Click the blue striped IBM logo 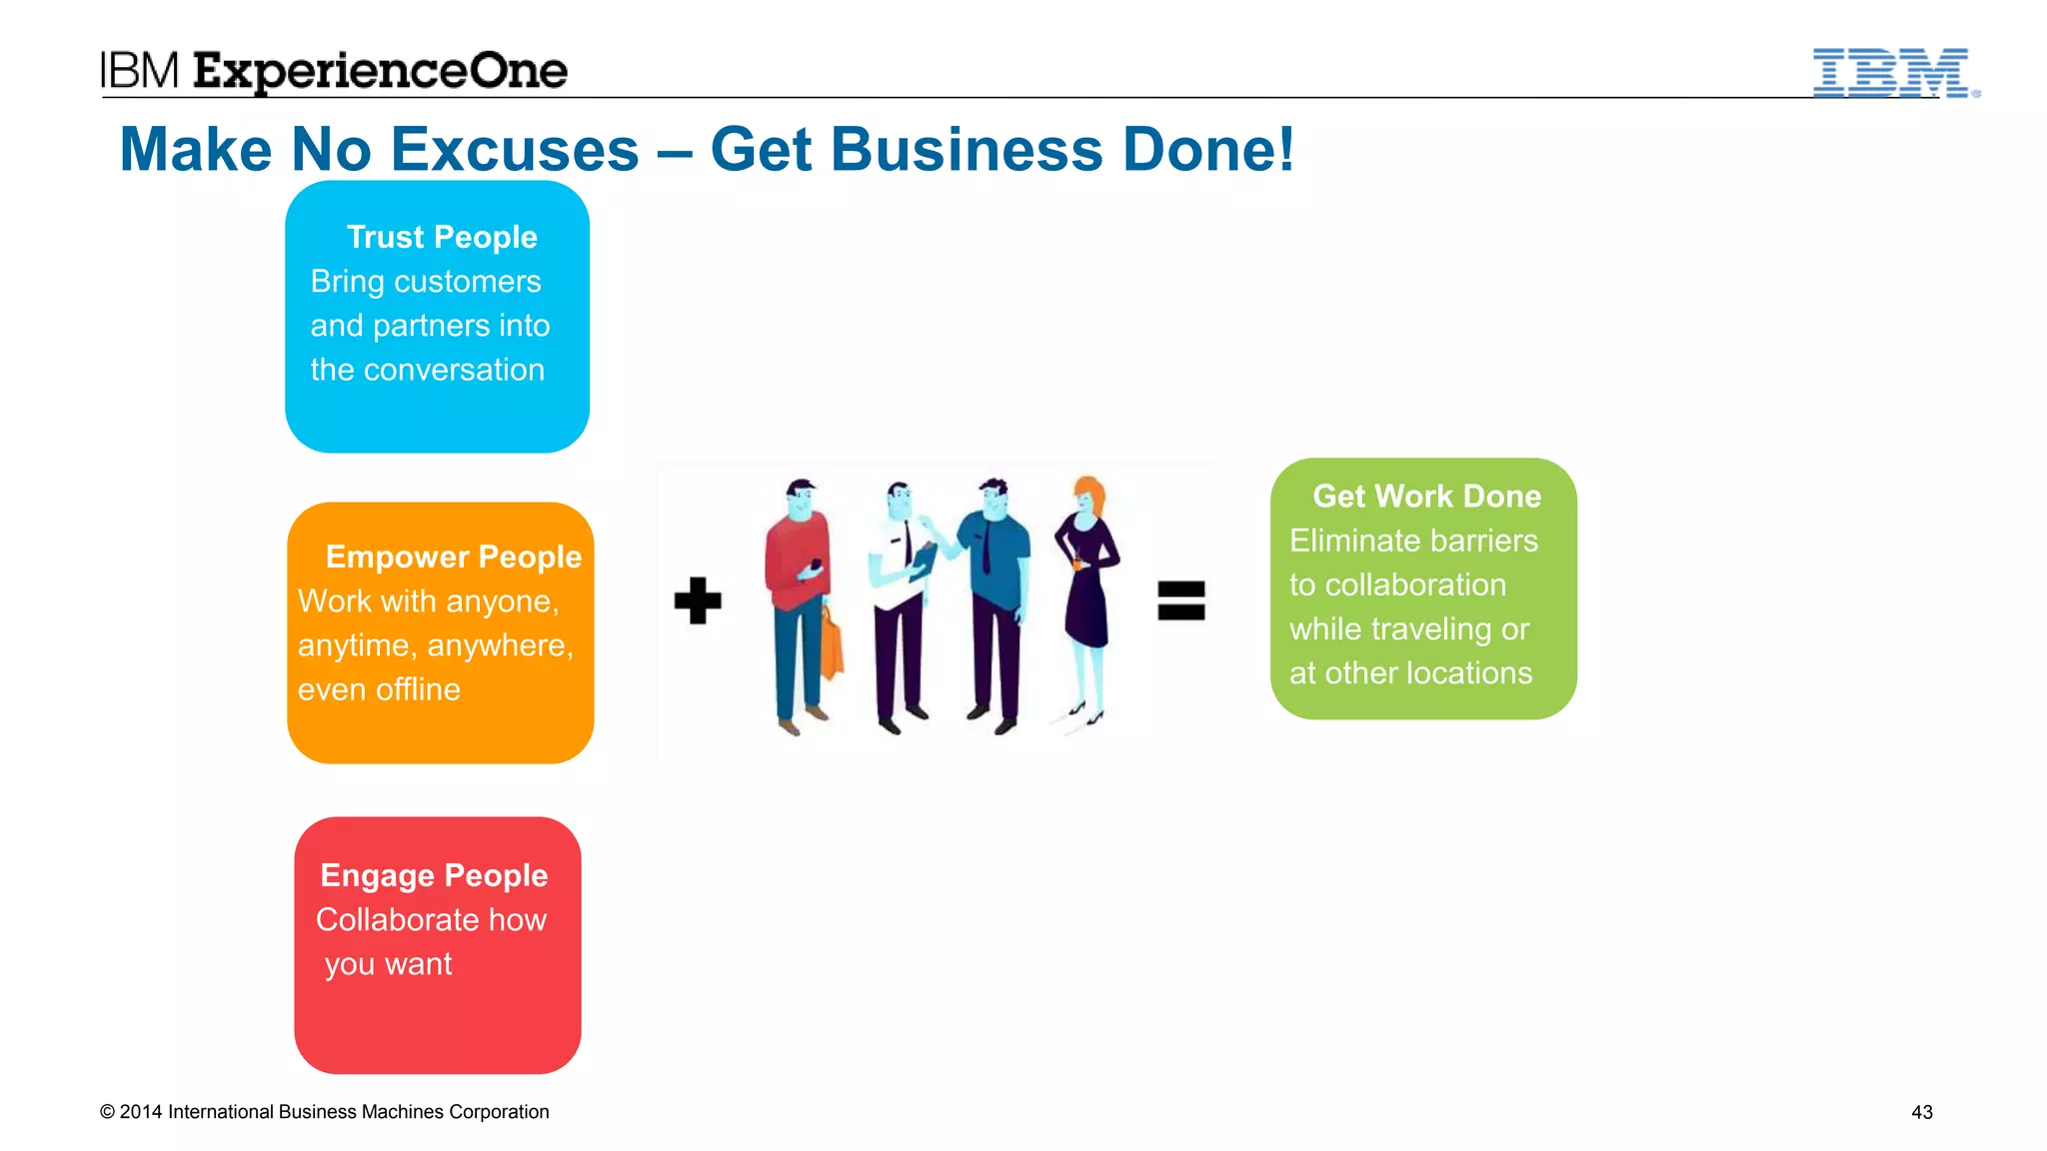(1894, 73)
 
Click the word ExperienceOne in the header (380, 72)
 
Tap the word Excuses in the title (515, 150)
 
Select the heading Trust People (442, 237)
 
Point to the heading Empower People (453, 557)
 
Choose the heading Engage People (434, 875)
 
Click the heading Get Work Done (1426, 496)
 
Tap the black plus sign (698, 600)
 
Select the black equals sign (1180, 600)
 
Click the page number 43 (1921, 1112)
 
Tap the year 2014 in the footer (141, 1112)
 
